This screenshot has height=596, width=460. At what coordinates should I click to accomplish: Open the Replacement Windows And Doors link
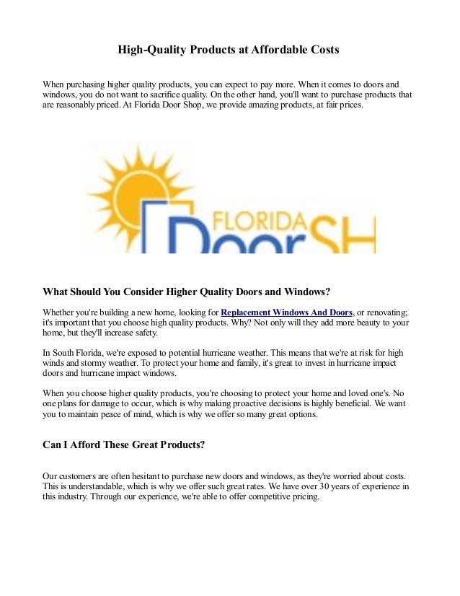coord(286,312)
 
